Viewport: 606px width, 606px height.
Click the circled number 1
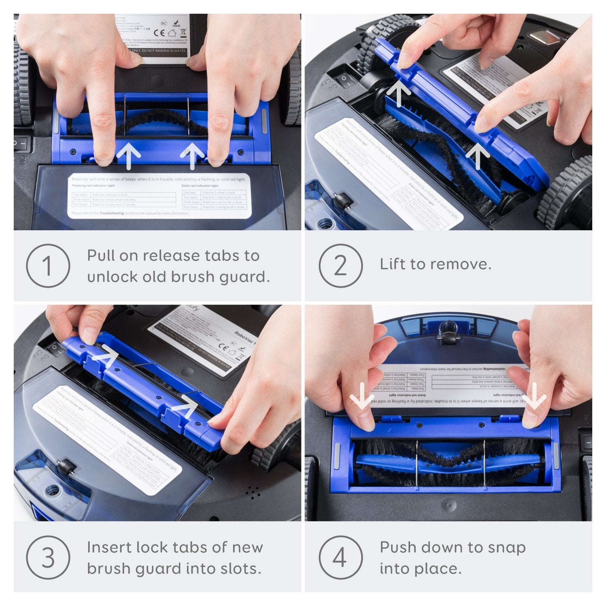pyautogui.click(x=48, y=266)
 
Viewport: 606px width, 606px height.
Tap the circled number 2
pyautogui.click(x=340, y=266)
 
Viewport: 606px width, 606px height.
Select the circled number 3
pyautogui.click(x=48, y=558)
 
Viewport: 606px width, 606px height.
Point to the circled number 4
pyautogui.click(x=340, y=558)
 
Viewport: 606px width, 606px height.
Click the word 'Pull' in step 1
pyautogui.click(x=104, y=256)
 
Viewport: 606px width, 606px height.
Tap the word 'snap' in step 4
pyautogui.click(x=507, y=548)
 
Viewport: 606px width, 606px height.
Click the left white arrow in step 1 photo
pyautogui.click(x=128, y=156)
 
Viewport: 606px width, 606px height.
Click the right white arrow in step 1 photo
pyautogui.click(x=192, y=156)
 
